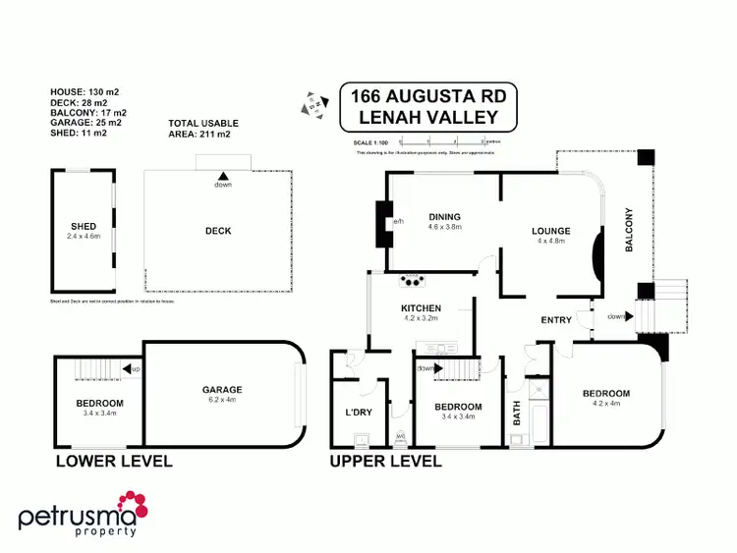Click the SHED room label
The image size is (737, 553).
[x=84, y=227]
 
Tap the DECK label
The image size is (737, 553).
[x=218, y=231]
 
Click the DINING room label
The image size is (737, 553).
[x=444, y=217]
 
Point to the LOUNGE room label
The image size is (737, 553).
[x=551, y=232]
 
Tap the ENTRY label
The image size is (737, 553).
[x=556, y=320]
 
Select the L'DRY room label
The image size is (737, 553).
[x=358, y=413]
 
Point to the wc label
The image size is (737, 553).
[x=400, y=436]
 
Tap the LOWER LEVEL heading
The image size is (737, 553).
[x=114, y=461]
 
